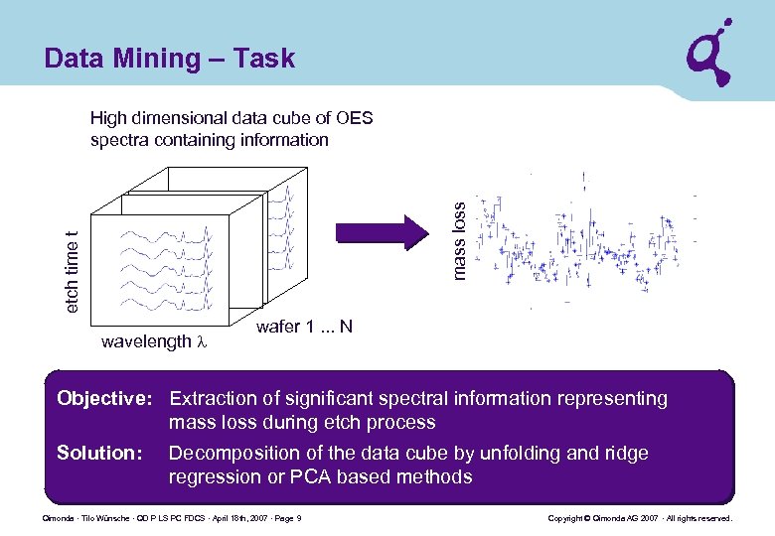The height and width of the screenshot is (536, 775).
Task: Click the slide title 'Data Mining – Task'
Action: click(170, 59)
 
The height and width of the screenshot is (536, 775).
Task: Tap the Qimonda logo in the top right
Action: click(711, 54)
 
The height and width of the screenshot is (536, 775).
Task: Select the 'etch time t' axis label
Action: click(72, 272)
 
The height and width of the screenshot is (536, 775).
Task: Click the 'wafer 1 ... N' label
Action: click(304, 327)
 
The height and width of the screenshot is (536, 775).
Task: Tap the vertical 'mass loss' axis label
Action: click(458, 240)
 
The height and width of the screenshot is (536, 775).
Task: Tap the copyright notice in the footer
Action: click(640, 519)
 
